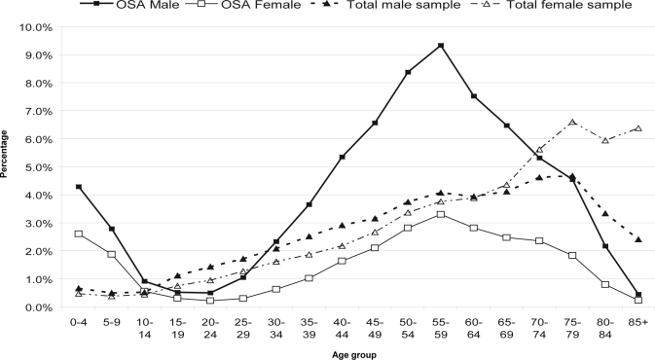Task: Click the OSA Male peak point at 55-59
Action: (441, 46)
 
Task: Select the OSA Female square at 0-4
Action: (78, 234)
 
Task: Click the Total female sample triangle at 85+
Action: (637, 128)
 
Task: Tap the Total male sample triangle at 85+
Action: (637, 239)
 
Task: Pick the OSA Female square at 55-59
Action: (441, 214)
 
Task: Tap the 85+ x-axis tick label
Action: (637, 322)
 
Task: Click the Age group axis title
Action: (359, 354)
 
